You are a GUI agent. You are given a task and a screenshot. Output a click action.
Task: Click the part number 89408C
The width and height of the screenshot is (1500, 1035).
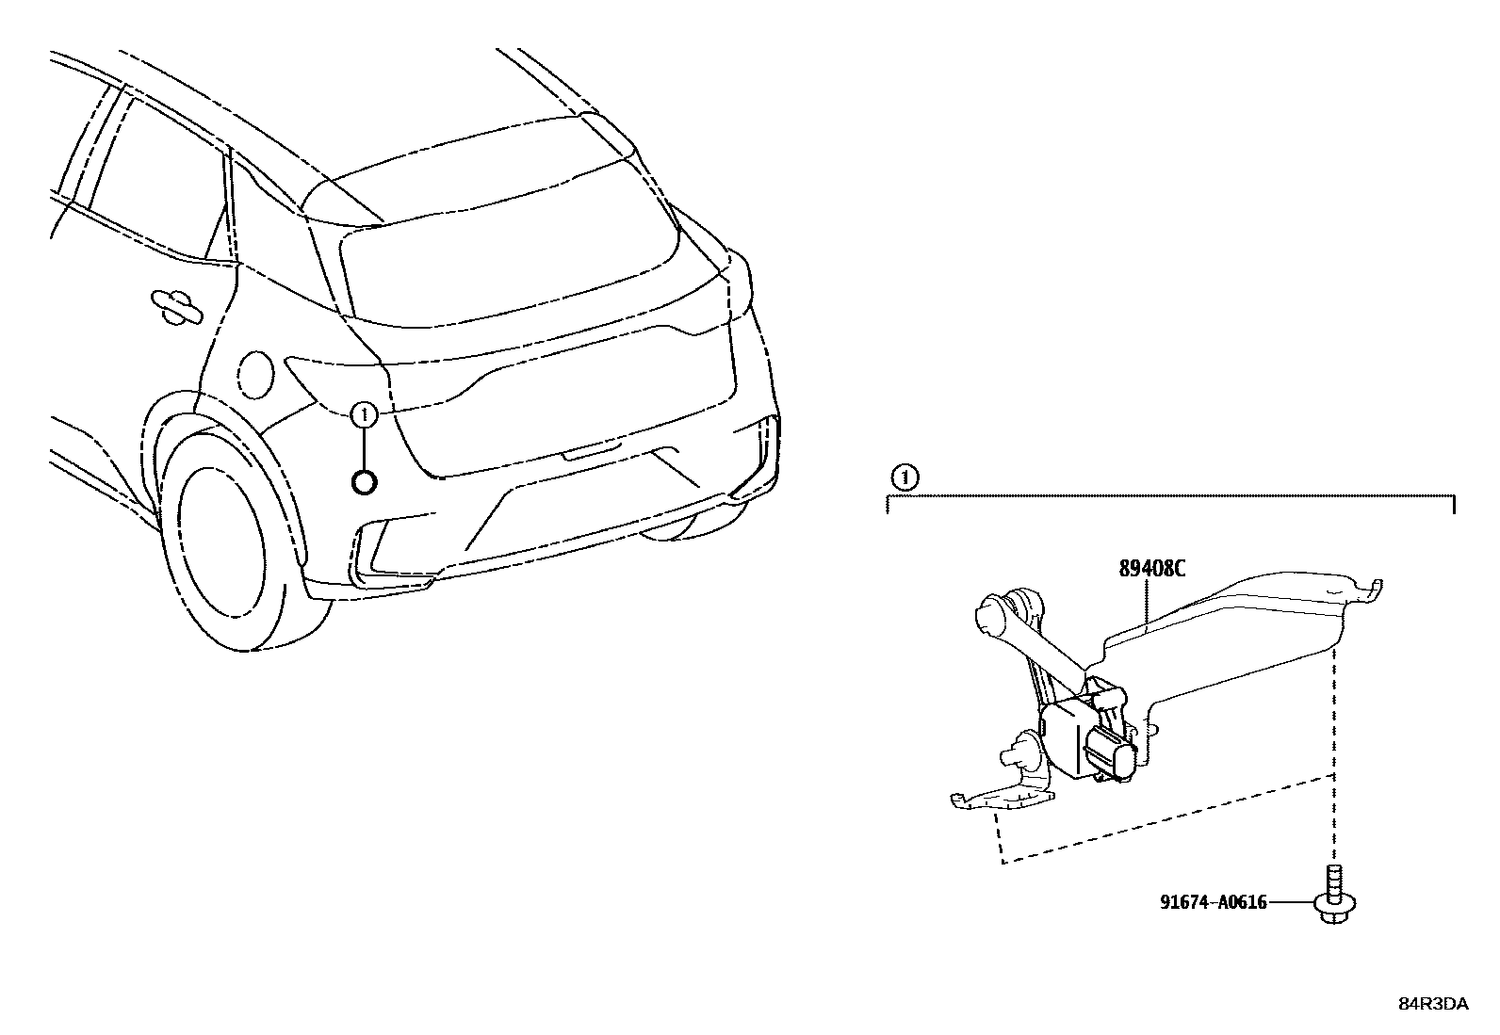click(x=1151, y=569)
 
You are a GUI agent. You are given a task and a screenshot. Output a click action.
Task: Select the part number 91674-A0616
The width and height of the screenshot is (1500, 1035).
click(x=1213, y=901)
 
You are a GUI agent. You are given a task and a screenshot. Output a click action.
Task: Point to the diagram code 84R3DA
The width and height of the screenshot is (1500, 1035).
click(x=1431, y=1004)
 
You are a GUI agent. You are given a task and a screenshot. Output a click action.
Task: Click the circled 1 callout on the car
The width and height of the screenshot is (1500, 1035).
click(x=365, y=413)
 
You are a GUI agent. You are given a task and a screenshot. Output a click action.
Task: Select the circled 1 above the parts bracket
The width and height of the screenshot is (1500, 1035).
click(x=904, y=478)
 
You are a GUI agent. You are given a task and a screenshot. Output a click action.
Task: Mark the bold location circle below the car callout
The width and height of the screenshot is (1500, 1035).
click(x=365, y=482)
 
